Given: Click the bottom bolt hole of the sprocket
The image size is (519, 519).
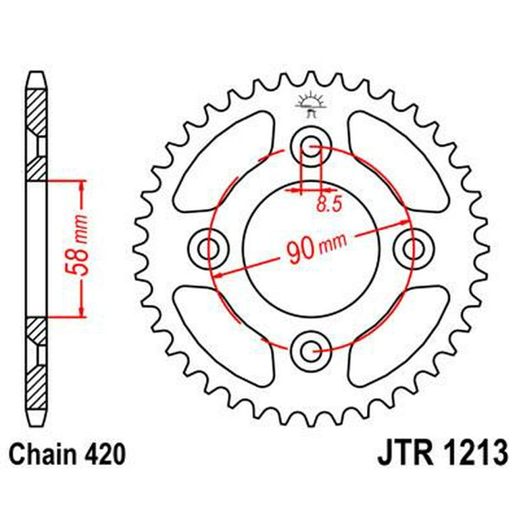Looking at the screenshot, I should pyautogui.click(x=312, y=350).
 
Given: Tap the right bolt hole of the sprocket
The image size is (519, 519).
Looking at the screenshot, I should pyautogui.click(x=413, y=248).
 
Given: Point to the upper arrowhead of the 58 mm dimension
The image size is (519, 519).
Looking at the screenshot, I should pyautogui.click(x=81, y=185).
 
